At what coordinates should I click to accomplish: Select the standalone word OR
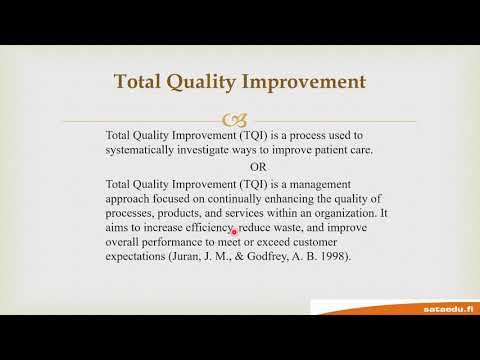(x=230, y=166)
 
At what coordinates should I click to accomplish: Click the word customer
(x=335, y=243)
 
